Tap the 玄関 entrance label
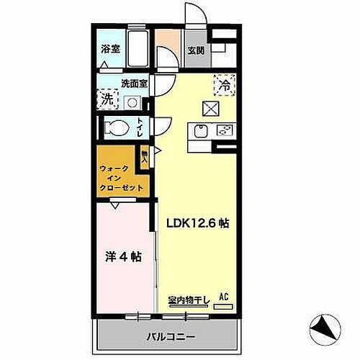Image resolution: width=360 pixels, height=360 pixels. (x=196, y=50)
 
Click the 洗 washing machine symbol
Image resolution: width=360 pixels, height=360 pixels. (x=107, y=99)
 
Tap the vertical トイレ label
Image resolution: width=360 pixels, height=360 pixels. (x=141, y=129)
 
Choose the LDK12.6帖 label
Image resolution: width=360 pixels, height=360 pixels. (x=199, y=223)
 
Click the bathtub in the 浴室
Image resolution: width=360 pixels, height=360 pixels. (x=137, y=47)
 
